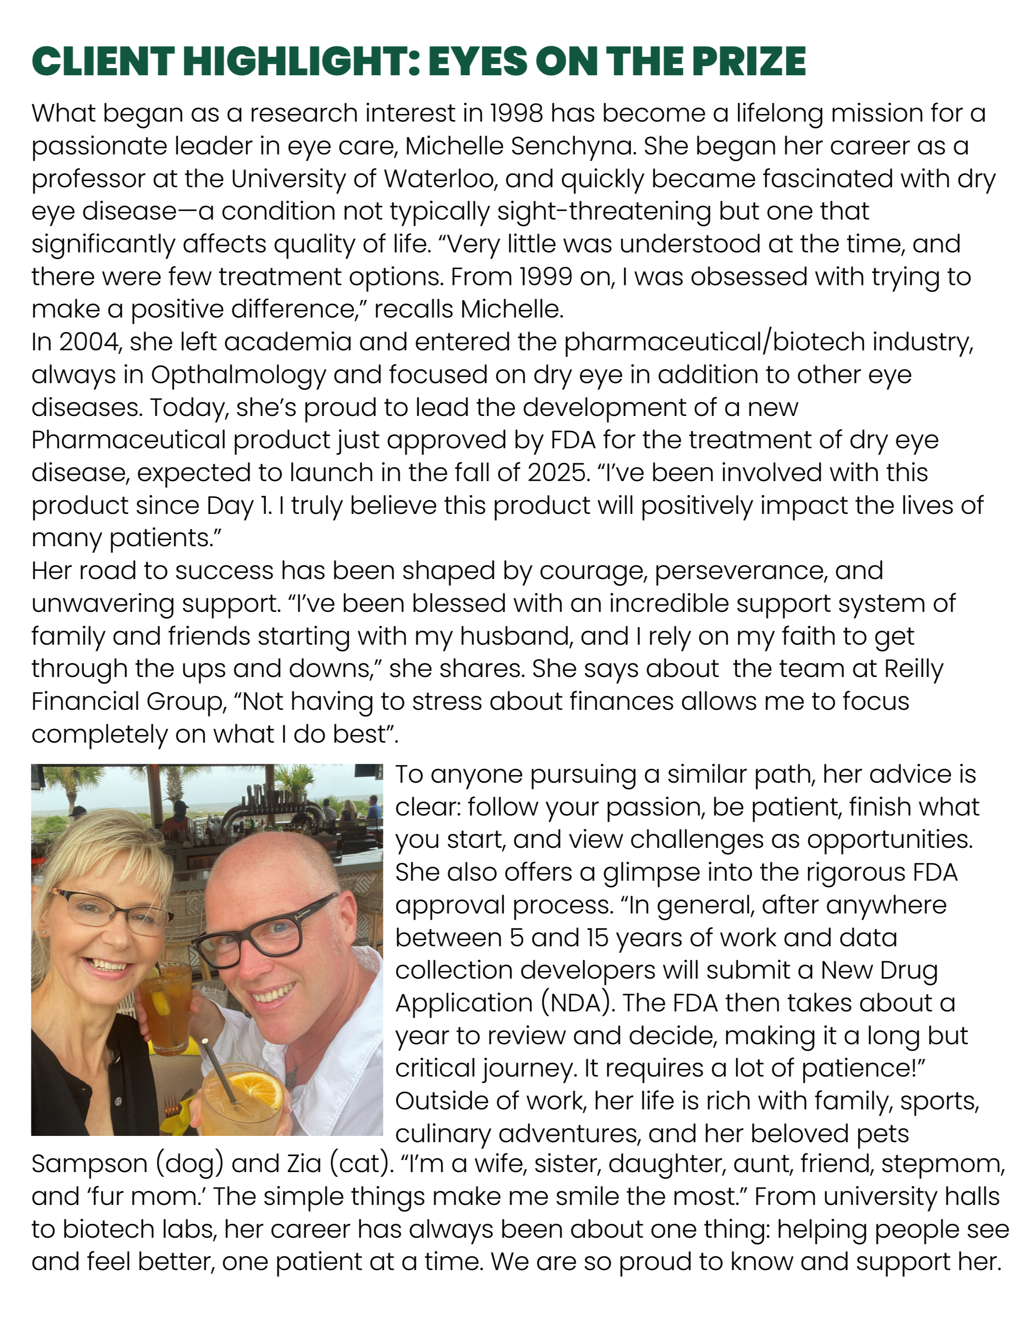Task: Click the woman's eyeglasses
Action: [x=110, y=912]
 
